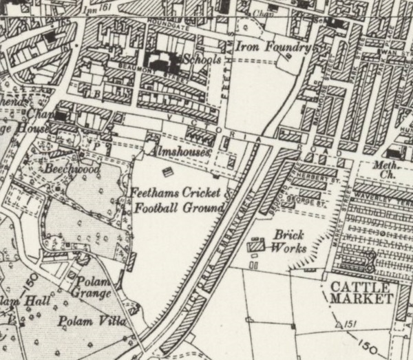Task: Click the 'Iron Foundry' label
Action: click(274, 47)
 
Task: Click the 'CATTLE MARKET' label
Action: click(361, 292)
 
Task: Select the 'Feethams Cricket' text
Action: click(176, 193)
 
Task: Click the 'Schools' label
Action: click(202, 61)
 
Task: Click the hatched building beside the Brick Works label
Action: click(256, 244)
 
